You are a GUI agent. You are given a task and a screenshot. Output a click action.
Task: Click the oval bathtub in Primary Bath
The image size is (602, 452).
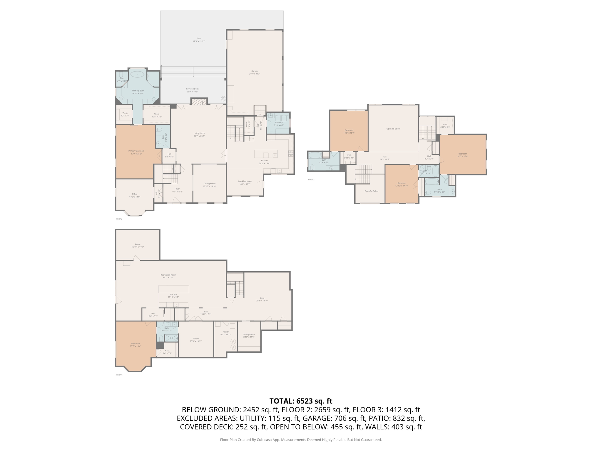[137, 74]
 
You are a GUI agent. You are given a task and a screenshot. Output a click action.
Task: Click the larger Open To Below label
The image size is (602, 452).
[393, 129]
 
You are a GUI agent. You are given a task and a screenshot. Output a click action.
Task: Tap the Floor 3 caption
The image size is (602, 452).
[311, 180]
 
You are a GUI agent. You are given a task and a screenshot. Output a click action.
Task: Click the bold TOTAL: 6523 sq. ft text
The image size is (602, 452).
[301, 401]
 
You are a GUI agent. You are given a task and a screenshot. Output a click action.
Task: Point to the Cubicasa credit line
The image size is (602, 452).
[301, 440]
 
